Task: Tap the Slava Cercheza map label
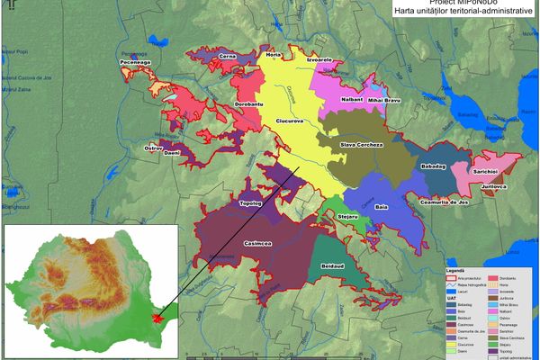tap(362, 144)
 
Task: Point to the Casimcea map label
tap(258, 242)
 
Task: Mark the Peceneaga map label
tap(136, 62)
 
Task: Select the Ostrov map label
tap(152, 146)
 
